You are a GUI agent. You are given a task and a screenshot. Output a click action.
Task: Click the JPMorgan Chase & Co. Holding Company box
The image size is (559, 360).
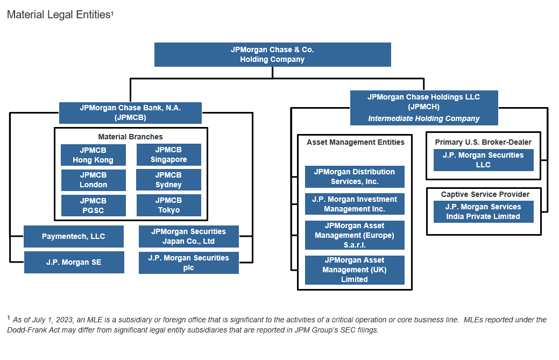[272, 54]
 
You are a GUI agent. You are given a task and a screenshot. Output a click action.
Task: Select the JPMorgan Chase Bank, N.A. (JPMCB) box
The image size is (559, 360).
[130, 112]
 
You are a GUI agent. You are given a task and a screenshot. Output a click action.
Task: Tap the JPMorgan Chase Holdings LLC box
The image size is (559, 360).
[424, 107]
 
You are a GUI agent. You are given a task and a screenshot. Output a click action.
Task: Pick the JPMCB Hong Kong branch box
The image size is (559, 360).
[93, 155]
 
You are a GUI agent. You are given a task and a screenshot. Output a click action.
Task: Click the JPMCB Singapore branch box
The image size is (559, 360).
[168, 154]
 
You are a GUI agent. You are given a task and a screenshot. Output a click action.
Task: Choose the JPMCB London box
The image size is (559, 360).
[93, 180]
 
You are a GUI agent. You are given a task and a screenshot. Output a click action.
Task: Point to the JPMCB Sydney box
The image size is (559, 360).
[168, 180]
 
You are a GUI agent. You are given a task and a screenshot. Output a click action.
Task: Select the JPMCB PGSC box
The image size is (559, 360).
[93, 205]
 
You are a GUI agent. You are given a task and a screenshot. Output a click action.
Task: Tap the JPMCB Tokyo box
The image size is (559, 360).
[168, 205]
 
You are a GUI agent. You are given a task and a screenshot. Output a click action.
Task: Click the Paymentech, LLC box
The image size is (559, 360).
[74, 236]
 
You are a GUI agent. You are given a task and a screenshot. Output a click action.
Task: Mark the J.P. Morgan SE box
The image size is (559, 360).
[74, 262]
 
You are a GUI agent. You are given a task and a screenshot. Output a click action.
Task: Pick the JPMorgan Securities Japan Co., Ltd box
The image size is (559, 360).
[188, 236]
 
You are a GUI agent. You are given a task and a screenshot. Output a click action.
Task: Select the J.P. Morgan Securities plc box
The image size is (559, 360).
[188, 263]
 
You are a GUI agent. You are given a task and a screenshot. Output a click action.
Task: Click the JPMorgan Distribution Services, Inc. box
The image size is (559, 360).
[355, 177]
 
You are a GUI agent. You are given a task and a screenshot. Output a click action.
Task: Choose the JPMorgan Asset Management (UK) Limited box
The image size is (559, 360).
[355, 270]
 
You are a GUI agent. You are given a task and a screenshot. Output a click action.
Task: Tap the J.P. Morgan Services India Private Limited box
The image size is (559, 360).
[483, 211]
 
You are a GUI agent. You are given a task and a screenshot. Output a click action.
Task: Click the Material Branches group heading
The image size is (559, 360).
[130, 137]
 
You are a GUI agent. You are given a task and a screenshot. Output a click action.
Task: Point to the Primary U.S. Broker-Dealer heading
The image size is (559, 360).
[483, 142]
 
